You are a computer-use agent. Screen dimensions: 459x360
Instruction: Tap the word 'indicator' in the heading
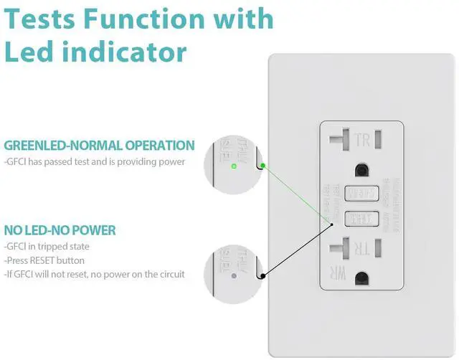click(126, 52)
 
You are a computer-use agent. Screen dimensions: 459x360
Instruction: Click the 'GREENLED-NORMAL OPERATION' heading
click(99, 146)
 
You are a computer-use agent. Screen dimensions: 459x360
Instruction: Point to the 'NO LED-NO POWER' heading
click(60, 231)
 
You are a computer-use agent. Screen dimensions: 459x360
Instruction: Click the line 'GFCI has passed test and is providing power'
click(95, 162)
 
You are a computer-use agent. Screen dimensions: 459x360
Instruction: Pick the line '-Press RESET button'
click(44, 260)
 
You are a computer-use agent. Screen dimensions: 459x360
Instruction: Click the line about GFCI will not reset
click(95, 274)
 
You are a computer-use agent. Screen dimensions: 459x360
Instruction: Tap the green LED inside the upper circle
click(234, 166)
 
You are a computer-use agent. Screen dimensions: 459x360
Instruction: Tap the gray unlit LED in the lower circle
click(233, 275)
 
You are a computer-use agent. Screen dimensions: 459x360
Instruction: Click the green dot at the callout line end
click(263, 166)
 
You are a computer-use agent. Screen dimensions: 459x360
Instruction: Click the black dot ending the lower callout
click(263, 275)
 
